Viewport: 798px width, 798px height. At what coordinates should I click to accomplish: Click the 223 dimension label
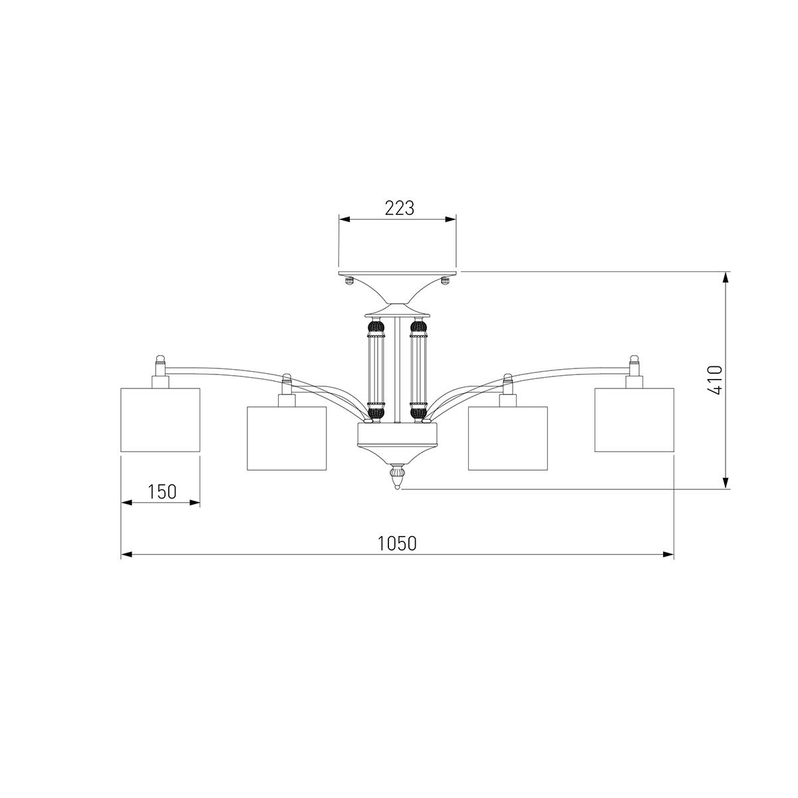pos(399,208)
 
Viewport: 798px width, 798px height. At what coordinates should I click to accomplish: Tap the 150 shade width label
pos(162,491)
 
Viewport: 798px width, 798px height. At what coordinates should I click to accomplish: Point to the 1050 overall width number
pos(397,544)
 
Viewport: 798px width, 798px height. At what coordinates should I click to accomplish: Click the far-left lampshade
pos(160,420)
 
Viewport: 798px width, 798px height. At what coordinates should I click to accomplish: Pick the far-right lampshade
pos(634,420)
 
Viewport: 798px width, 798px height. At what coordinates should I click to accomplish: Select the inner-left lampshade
pos(287,438)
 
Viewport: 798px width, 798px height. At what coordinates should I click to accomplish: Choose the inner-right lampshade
pos(507,438)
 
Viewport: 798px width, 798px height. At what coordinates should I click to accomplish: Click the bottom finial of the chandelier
pos(397,476)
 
